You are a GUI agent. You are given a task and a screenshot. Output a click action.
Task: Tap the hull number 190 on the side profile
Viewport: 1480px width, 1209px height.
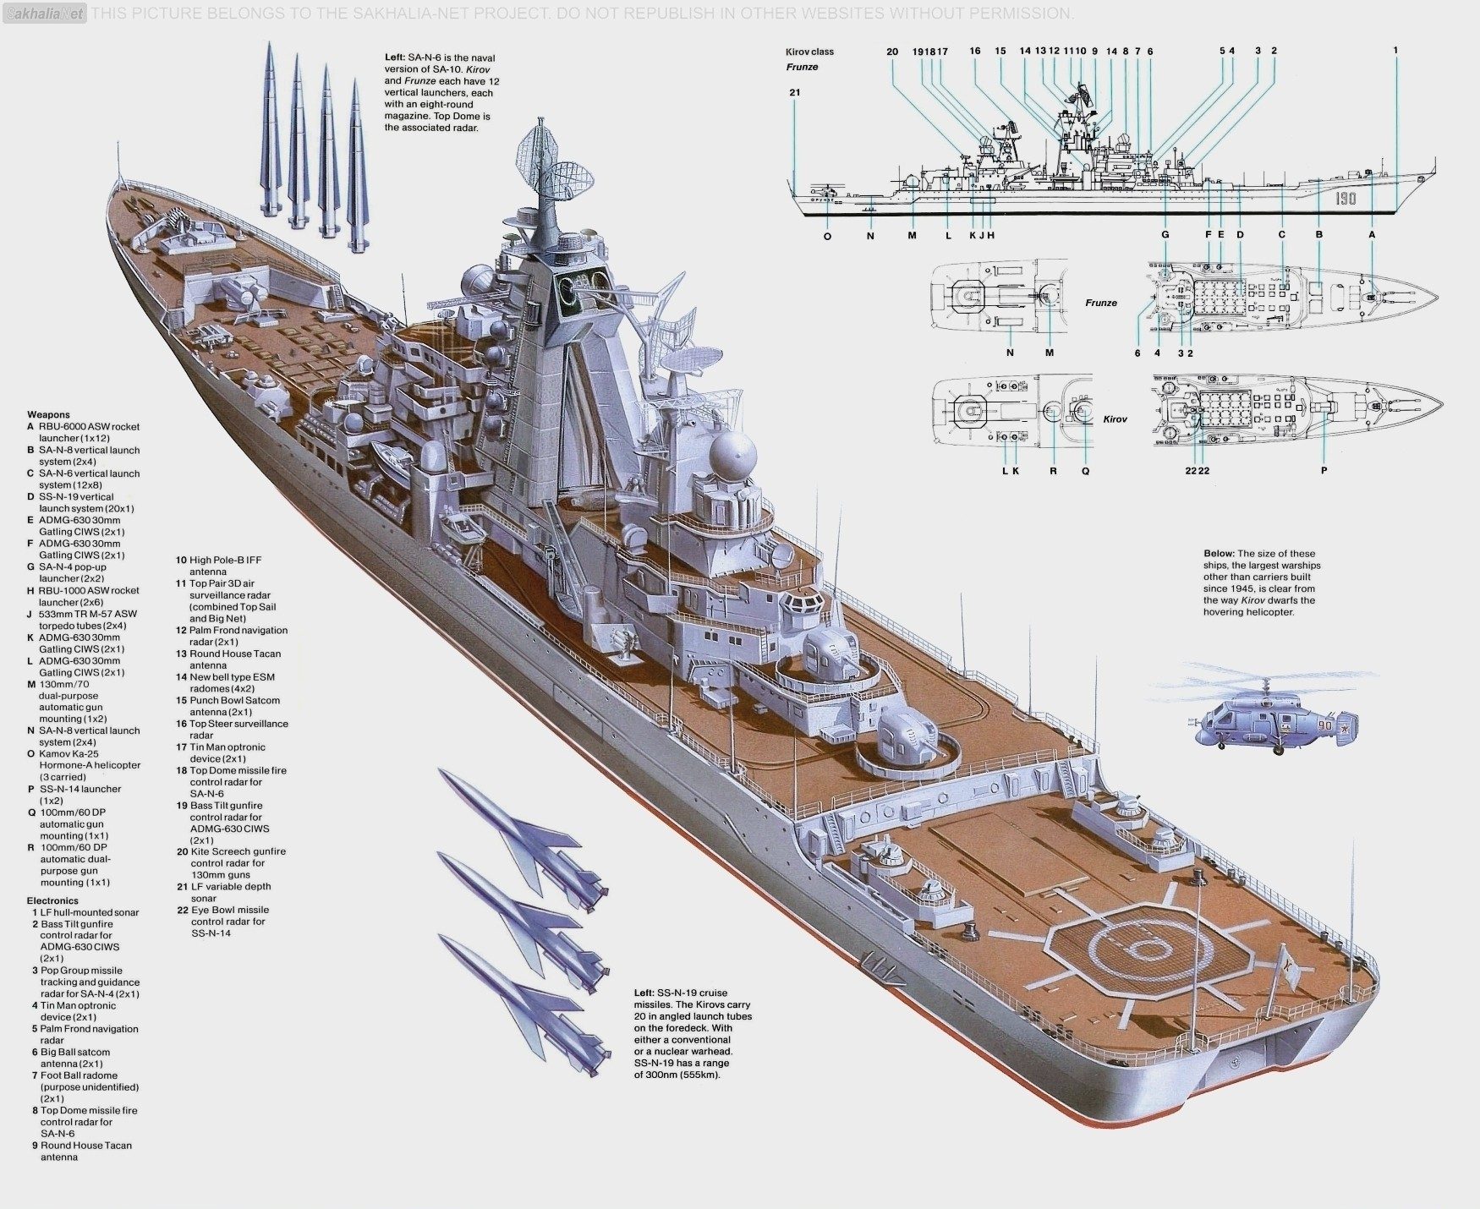click(x=1346, y=198)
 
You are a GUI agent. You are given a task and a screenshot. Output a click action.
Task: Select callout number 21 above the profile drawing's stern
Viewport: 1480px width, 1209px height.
click(x=794, y=92)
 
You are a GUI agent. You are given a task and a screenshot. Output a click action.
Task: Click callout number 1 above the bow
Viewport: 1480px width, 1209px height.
click(x=1395, y=50)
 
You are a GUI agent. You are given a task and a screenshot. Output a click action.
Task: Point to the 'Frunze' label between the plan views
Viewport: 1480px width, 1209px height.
click(x=1101, y=302)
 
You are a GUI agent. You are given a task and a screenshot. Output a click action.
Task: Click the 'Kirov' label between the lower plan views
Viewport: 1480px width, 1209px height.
click(x=1115, y=419)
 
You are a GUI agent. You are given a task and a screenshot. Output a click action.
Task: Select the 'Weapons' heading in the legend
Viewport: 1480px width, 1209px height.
click(x=48, y=414)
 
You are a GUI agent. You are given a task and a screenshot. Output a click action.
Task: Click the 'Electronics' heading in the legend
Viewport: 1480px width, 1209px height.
click(x=52, y=900)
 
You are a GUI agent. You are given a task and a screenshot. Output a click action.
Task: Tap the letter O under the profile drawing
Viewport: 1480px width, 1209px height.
click(x=827, y=237)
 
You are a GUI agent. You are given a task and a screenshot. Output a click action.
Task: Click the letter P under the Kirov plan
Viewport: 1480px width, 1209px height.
click(x=1324, y=470)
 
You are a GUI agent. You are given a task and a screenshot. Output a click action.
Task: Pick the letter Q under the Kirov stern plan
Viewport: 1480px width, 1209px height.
click(x=1086, y=471)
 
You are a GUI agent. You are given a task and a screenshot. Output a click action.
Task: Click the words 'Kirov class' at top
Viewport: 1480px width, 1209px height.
click(x=809, y=52)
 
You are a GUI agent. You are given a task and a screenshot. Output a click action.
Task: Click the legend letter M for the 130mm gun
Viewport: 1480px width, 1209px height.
click(x=31, y=684)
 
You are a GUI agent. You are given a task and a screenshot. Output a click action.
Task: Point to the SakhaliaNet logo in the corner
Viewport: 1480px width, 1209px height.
click(x=44, y=13)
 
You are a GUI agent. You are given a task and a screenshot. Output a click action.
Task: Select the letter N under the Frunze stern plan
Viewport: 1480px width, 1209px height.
click(x=1010, y=353)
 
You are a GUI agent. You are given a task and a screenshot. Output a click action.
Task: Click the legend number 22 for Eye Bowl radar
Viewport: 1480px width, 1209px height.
click(x=182, y=910)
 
